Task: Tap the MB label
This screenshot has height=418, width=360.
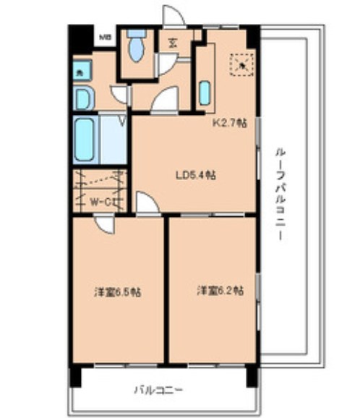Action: tap(105, 35)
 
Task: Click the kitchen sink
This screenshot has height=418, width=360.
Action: tap(205, 93)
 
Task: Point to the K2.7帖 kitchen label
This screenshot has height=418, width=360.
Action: tap(228, 123)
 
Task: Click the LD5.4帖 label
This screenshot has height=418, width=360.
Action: tap(197, 174)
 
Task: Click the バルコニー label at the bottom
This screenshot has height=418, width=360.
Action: tap(158, 390)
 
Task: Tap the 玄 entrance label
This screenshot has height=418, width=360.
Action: tap(173, 43)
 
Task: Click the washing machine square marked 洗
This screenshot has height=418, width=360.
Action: tap(78, 72)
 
